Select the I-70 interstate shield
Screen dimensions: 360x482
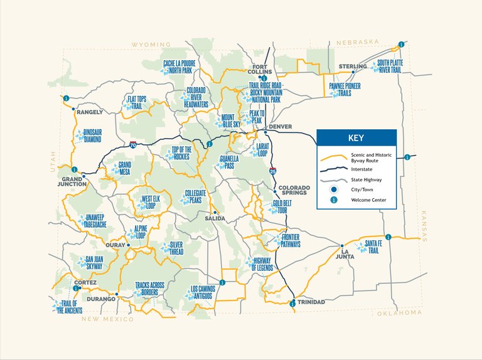click(133, 145)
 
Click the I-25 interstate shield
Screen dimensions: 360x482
click(272, 170)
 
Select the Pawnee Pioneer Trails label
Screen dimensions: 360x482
click(345, 90)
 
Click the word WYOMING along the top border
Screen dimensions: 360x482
click(151, 45)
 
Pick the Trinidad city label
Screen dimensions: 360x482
click(311, 302)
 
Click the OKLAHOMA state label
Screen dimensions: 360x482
click(399, 312)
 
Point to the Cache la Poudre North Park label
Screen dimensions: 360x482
click(178, 67)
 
